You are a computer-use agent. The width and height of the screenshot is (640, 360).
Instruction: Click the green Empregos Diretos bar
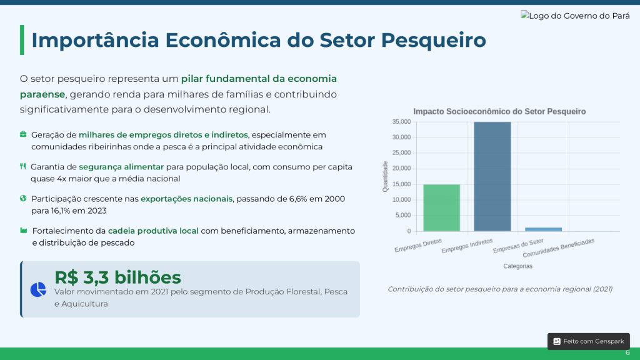coord(441,207)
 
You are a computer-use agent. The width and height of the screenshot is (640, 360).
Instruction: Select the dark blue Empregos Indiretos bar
coord(492,177)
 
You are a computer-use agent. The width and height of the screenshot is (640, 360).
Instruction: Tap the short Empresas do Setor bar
coord(543,229)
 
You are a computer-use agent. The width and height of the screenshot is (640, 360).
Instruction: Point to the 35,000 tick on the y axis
coord(402,122)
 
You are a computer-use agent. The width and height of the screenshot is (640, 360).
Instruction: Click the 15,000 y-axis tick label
coord(402,184)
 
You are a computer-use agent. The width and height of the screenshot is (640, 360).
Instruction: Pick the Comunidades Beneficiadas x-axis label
coord(558,247)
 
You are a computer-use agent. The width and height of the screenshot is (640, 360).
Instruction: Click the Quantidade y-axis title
coord(385,176)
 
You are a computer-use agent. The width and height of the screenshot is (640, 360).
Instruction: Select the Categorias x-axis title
coord(517,266)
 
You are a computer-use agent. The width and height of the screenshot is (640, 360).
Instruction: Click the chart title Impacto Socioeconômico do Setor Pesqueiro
coord(499,111)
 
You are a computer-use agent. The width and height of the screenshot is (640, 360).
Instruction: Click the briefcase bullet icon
coord(23,134)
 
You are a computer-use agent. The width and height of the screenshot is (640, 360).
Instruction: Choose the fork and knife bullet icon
coord(23,166)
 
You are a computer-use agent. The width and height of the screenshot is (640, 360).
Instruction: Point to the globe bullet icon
coord(23,198)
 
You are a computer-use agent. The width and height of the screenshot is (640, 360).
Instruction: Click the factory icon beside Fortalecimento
coord(24,231)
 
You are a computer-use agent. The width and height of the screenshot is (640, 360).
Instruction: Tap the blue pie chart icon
coord(38,289)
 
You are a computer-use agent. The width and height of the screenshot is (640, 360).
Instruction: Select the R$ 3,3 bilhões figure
coord(117,277)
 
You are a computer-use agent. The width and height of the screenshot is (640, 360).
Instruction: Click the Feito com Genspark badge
coord(589,341)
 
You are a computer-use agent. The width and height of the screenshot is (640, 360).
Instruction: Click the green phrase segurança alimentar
coord(121,167)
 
